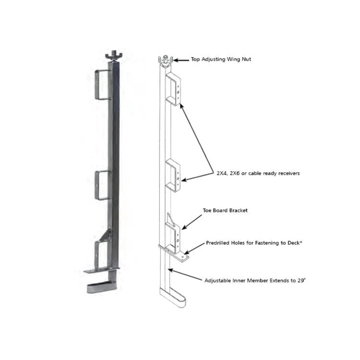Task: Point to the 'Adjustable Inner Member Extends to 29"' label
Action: pyautogui.click(x=255, y=280)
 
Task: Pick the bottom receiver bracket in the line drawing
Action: pyautogui.click(x=173, y=233)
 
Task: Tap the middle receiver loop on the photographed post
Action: pyautogui.click(x=103, y=185)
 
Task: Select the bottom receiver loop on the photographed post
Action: pyautogui.click(x=102, y=254)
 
